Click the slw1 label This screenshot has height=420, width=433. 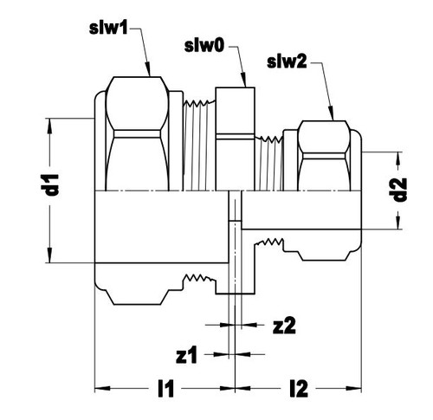tap(108, 29)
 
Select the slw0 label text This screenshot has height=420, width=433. tap(204, 46)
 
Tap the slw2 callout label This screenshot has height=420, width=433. tap(287, 61)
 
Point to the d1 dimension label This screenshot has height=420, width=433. tap(53, 184)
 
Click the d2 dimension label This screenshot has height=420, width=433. tap(400, 190)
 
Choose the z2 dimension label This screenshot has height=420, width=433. tap(284, 326)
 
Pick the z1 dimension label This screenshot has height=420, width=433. tap(186, 355)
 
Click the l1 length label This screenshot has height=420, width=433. tap(166, 389)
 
